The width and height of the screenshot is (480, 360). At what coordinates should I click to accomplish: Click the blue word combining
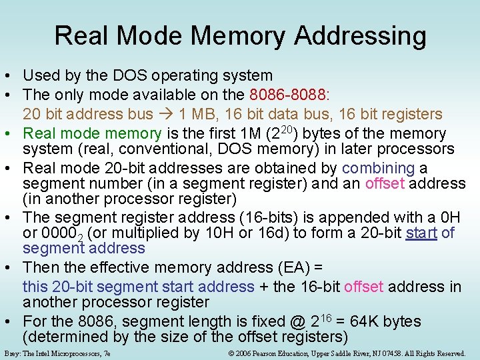tap(378, 169)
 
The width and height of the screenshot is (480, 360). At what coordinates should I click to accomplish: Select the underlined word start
tap(421, 233)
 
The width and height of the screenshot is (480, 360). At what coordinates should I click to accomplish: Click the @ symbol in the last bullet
tap(297, 321)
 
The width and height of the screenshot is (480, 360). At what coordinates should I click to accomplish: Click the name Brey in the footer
tap(12, 353)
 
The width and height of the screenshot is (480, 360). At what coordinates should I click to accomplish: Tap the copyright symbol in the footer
tap(231, 353)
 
